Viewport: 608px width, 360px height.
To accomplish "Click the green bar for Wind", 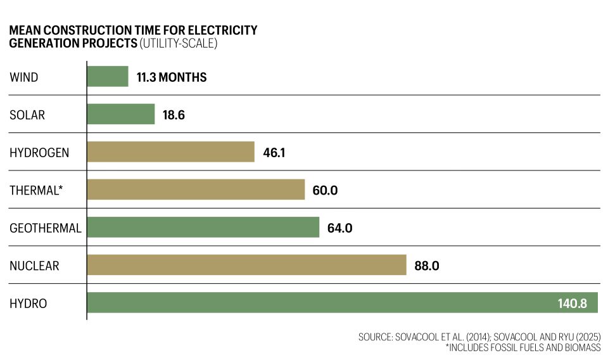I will (x=108, y=77).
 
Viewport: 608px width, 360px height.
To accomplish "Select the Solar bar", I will (x=121, y=115).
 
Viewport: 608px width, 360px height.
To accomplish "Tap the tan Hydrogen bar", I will (x=170, y=152).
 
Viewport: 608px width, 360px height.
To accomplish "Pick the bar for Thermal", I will (x=196, y=190).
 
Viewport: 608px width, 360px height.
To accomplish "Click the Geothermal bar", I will (x=203, y=228).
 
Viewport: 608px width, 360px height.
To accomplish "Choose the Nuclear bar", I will (x=246, y=265).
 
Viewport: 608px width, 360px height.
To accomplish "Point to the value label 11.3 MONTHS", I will (x=171, y=78).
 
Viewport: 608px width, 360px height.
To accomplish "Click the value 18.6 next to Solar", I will (x=173, y=115).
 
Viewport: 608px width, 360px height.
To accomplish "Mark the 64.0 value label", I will (x=339, y=228).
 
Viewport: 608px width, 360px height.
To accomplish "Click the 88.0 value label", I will (x=426, y=266).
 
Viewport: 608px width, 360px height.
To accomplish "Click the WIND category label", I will (x=24, y=78).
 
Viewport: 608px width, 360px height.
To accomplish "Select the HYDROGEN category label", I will (x=39, y=153).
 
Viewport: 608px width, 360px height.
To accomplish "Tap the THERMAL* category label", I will (x=37, y=190).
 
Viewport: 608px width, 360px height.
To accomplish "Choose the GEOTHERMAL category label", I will (x=46, y=228).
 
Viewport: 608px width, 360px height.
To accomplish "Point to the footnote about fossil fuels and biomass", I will (x=522, y=348).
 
